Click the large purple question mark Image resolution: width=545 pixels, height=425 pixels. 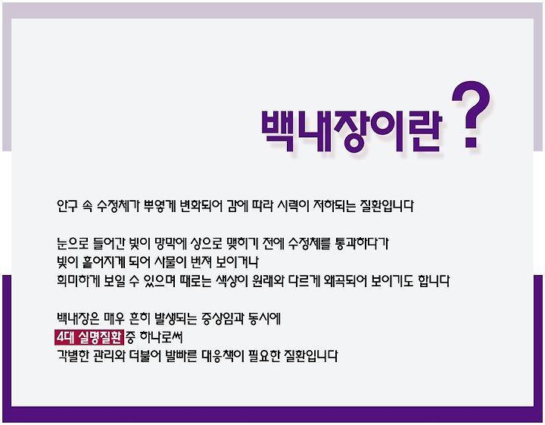(471, 114)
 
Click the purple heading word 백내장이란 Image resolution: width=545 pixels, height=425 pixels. (351, 132)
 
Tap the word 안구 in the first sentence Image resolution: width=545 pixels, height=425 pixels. (67, 206)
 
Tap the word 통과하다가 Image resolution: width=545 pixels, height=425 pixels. (362, 243)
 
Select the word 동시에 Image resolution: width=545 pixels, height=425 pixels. (265, 319)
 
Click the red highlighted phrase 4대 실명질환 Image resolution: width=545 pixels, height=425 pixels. (89, 337)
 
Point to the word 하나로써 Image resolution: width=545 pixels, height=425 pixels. (161, 337)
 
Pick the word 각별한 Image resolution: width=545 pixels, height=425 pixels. (73, 356)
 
